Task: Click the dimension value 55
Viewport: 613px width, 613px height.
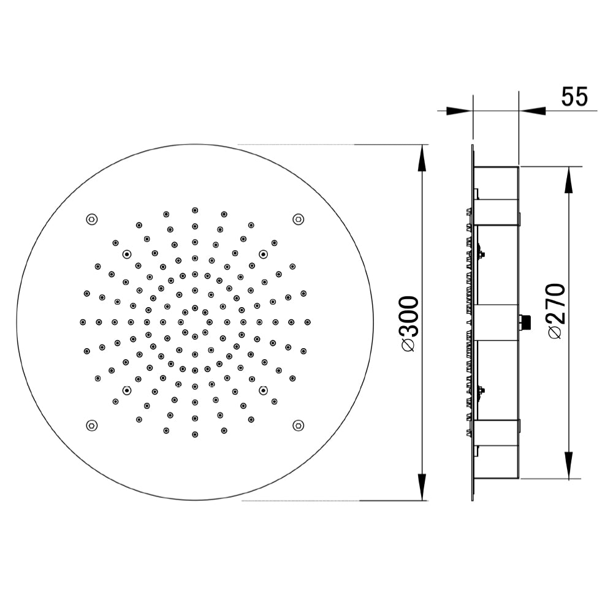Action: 574,97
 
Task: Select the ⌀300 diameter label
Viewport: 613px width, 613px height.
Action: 409,324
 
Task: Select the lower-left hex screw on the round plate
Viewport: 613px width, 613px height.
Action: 91,425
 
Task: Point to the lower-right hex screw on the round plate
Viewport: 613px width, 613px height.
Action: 298,425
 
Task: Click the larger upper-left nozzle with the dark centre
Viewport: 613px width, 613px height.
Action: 127,254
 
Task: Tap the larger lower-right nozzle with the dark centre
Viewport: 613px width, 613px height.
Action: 263,390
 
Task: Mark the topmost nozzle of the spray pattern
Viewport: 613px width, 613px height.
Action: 195,210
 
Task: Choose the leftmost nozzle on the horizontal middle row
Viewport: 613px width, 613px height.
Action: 83,322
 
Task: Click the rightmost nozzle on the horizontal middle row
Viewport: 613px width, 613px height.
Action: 307,322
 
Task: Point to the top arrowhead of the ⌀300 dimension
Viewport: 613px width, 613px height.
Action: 422,158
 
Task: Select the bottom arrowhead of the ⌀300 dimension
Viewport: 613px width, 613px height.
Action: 422,487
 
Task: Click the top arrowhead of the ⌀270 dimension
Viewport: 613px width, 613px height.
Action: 569,180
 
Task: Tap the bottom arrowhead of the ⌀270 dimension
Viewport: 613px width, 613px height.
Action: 569,465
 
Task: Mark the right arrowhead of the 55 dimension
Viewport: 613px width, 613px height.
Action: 532,111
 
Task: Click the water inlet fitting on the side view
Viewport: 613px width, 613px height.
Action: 525,322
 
